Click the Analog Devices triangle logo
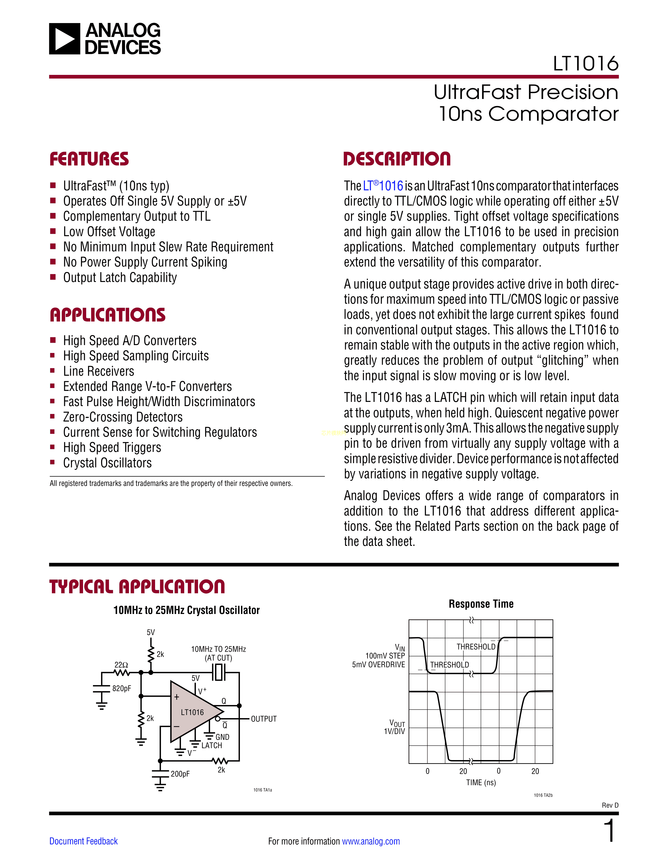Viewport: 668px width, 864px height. (x=64, y=39)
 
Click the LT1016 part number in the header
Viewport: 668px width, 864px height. (x=585, y=64)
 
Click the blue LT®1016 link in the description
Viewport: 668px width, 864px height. (x=383, y=186)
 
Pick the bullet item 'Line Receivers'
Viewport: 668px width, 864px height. (x=98, y=371)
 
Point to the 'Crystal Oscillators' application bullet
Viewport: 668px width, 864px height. (x=107, y=463)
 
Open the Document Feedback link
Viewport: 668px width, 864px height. (x=84, y=841)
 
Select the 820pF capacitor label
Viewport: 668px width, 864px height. (x=122, y=688)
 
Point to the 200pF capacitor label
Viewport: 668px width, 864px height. (x=180, y=774)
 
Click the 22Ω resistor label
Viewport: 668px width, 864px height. (x=121, y=665)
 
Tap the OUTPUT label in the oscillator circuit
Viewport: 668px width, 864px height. (x=264, y=719)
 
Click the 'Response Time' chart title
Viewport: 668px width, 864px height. (x=481, y=604)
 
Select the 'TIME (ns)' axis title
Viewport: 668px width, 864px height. (x=481, y=783)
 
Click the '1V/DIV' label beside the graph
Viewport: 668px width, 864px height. (x=394, y=732)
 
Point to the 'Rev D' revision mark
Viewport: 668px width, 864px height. (x=610, y=805)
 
